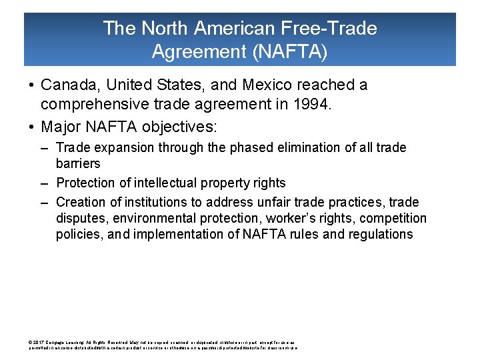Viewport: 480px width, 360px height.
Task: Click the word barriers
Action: tap(78, 163)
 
